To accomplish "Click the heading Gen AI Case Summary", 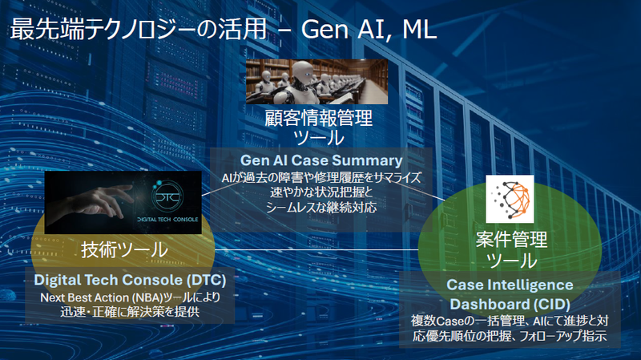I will tap(320, 160).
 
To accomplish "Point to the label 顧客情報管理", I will tap(320, 120).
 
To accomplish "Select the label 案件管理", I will tap(510, 239).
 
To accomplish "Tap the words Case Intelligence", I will tap(509, 285).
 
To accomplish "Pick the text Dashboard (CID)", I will tap(509, 304).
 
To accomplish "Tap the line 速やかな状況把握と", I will tap(320, 192).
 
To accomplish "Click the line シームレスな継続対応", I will tap(320, 207).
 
